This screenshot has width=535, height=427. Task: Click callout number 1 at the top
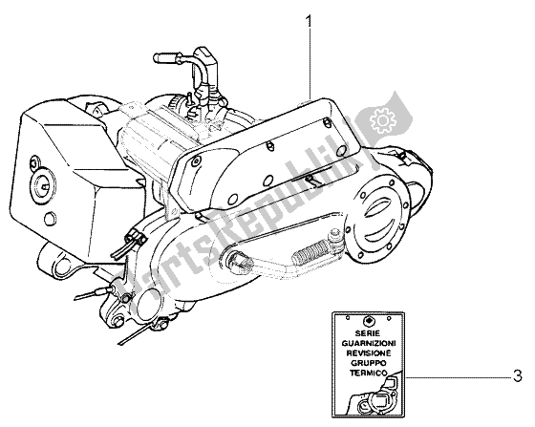pyautogui.click(x=310, y=17)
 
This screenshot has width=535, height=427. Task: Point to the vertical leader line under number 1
pyautogui.click(x=310, y=57)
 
